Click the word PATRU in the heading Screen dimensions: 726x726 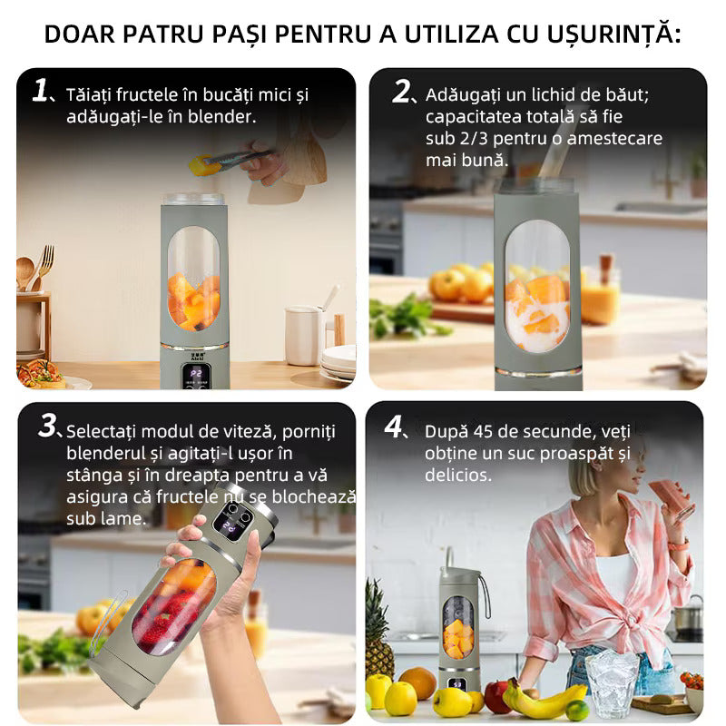click(170, 34)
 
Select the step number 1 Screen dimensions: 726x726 click(39, 90)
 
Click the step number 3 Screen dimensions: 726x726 click(48, 427)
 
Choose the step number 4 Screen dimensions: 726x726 click(397, 427)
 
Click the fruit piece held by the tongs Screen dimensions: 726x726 click(197, 164)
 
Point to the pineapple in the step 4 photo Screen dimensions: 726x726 click(378, 626)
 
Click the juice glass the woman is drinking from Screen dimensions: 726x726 click(668, 495)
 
